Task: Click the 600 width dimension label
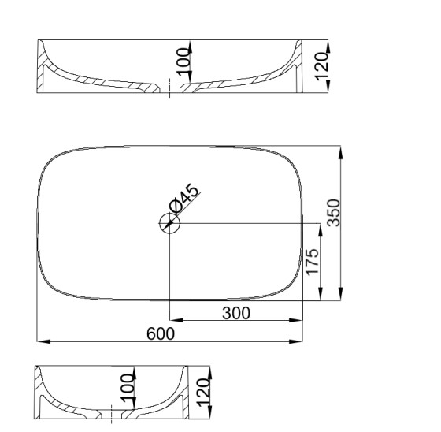tap(161, 333)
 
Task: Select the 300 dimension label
tap(236, 313)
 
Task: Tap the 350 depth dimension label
tap(334, 213)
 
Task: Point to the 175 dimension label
tap(313, 262)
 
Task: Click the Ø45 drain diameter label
tap(184, 198)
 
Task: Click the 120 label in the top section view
tap(321, 66)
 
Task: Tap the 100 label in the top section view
tap(183, 62)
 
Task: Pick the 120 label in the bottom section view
tap(204, 393)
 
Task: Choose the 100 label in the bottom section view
tap(127, 388)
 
